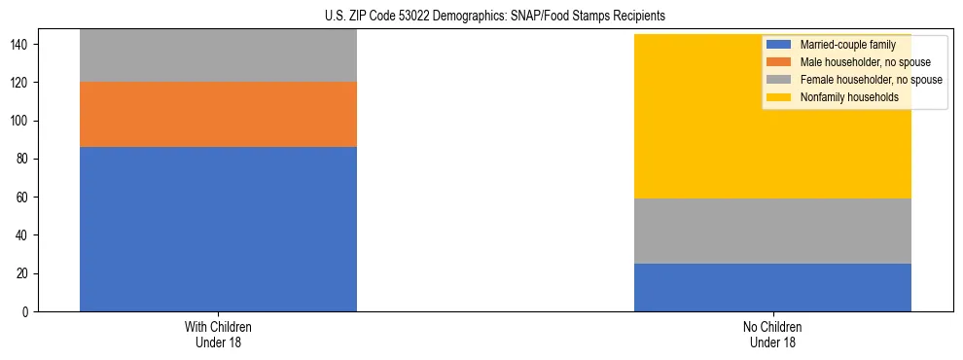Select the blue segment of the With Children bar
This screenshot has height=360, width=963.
(218, 229)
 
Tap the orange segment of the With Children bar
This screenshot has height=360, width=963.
(218, 114)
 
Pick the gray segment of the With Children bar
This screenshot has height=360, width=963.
(218, 55)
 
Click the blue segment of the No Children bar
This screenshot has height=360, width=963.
(772, 287)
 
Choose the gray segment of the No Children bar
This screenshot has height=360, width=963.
(772, 231)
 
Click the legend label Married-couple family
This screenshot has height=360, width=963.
(847, 46)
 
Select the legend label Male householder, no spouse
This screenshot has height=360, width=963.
(865, 62)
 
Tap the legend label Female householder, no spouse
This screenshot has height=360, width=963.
(871, 80)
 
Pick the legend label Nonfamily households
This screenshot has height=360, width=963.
(844, 97)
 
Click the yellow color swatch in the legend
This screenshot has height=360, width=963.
(779, 97)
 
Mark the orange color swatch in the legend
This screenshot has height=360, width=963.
(779, 62)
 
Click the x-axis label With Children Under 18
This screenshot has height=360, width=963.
(218, 334)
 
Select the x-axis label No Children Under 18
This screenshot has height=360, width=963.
(772, 334)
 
